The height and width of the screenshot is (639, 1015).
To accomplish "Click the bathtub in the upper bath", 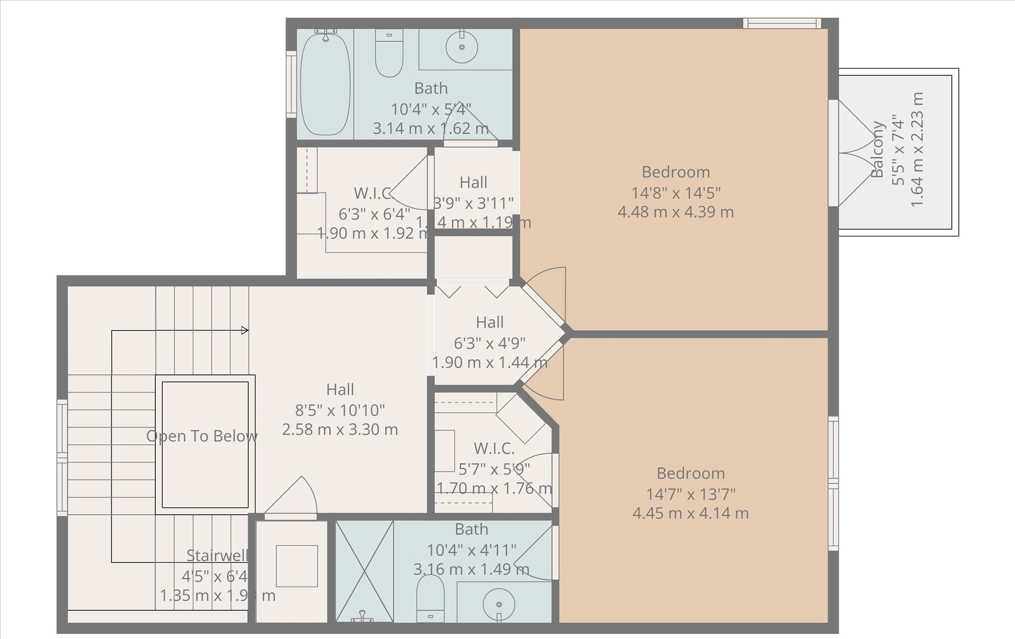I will pos(325,84).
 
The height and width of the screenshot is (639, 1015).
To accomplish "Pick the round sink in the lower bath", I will pos(499,604).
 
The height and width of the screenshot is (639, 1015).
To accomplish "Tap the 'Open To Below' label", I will pos(202,436).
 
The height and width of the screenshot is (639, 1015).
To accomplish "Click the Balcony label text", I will pos(878,149).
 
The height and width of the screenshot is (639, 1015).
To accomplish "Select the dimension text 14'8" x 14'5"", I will pos(675,192).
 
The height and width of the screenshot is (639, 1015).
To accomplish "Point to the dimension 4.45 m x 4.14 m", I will pos(690,513).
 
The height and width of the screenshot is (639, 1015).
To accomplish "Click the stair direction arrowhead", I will pos(244,330).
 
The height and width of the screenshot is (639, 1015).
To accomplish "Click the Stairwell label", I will pos(217,556).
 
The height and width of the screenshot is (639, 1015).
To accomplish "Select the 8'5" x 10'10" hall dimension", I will pos(340,410).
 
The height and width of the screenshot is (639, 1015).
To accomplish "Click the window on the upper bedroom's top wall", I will pos(782,23).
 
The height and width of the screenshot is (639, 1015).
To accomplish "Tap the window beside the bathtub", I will pos(291,84).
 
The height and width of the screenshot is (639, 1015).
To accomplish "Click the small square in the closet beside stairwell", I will pos(297,566).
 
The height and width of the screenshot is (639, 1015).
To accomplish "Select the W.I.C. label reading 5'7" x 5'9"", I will pos(494,468).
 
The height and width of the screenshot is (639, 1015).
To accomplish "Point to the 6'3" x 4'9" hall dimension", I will pos(489,343).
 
